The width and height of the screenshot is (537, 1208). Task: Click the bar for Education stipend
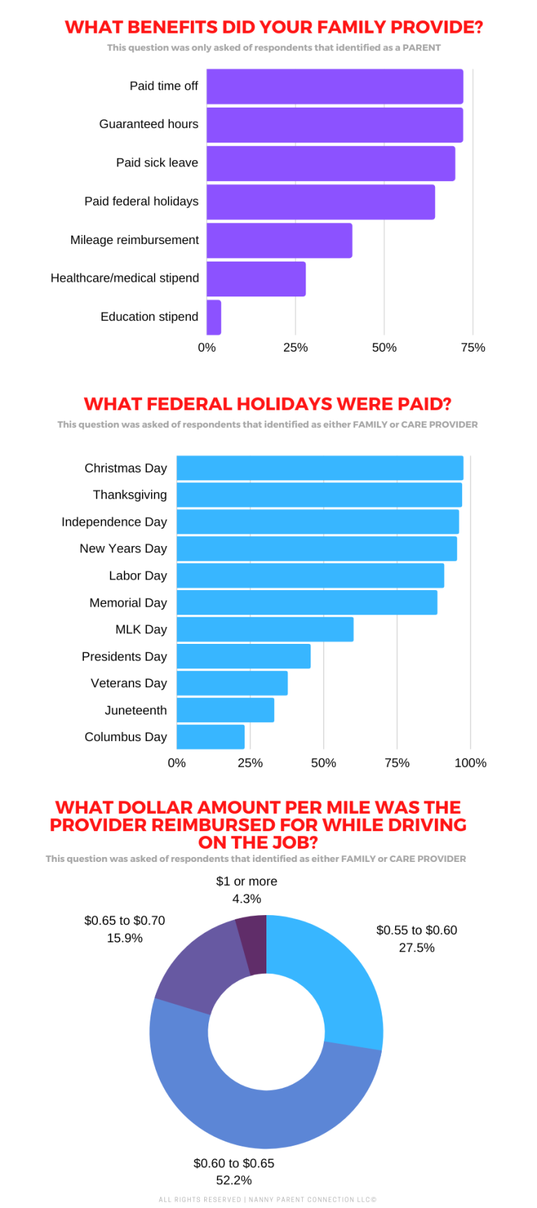(214, 317)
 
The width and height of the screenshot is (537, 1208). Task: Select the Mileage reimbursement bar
(279, 240)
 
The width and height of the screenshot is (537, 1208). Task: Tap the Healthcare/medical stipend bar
(256, 279)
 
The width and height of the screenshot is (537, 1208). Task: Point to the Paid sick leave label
(157, 163)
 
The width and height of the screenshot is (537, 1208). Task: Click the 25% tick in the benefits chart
(295, 347)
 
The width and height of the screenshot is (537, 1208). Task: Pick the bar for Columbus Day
(210, 737)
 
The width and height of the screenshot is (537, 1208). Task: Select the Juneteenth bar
(225, 710)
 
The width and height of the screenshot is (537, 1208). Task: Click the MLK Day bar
(265, 629)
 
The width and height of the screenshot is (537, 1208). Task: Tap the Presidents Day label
(124, 656)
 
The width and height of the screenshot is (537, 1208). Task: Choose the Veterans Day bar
(232, 683)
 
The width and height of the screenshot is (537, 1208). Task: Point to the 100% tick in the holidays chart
(470, 763)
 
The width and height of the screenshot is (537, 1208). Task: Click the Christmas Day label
(125, 468)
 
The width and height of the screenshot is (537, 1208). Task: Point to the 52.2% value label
(234, 1181)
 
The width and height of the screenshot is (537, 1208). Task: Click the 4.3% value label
(246, 899)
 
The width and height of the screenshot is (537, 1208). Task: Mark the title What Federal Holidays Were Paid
(268, 404)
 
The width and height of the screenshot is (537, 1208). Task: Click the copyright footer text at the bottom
(268, 1200)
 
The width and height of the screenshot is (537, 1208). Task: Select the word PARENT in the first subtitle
(421, 48)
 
